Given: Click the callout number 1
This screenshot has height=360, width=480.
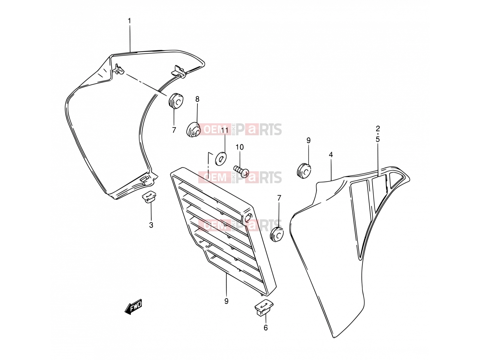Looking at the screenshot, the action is pos(130,21).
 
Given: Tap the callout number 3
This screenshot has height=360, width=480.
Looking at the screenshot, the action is pos(151,225).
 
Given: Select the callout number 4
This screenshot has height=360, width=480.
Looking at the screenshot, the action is pos(331,155).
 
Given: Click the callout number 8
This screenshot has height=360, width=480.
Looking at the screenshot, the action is pos(197,99).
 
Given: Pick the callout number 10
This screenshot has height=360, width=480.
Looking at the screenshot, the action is pos(240,147).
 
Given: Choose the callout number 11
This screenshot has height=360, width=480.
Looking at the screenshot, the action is pos(224,130).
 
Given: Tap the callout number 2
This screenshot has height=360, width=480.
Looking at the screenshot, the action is pos(378,128).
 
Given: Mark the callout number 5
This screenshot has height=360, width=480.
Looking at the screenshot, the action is pos(378,139).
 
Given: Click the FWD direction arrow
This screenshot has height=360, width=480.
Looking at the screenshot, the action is pos(133,307).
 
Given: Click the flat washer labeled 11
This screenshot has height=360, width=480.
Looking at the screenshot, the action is pos(221,159).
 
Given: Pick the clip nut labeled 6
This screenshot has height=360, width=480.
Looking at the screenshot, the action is pos(264,307).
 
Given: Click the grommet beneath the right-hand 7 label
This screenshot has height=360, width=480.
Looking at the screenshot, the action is pos(277,235).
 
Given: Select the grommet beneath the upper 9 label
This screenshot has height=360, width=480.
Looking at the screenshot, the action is pos(304,171).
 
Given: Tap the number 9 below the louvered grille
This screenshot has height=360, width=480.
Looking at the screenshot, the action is pos(226,301).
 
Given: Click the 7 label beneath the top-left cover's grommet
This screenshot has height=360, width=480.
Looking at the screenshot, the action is pos(174,130).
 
